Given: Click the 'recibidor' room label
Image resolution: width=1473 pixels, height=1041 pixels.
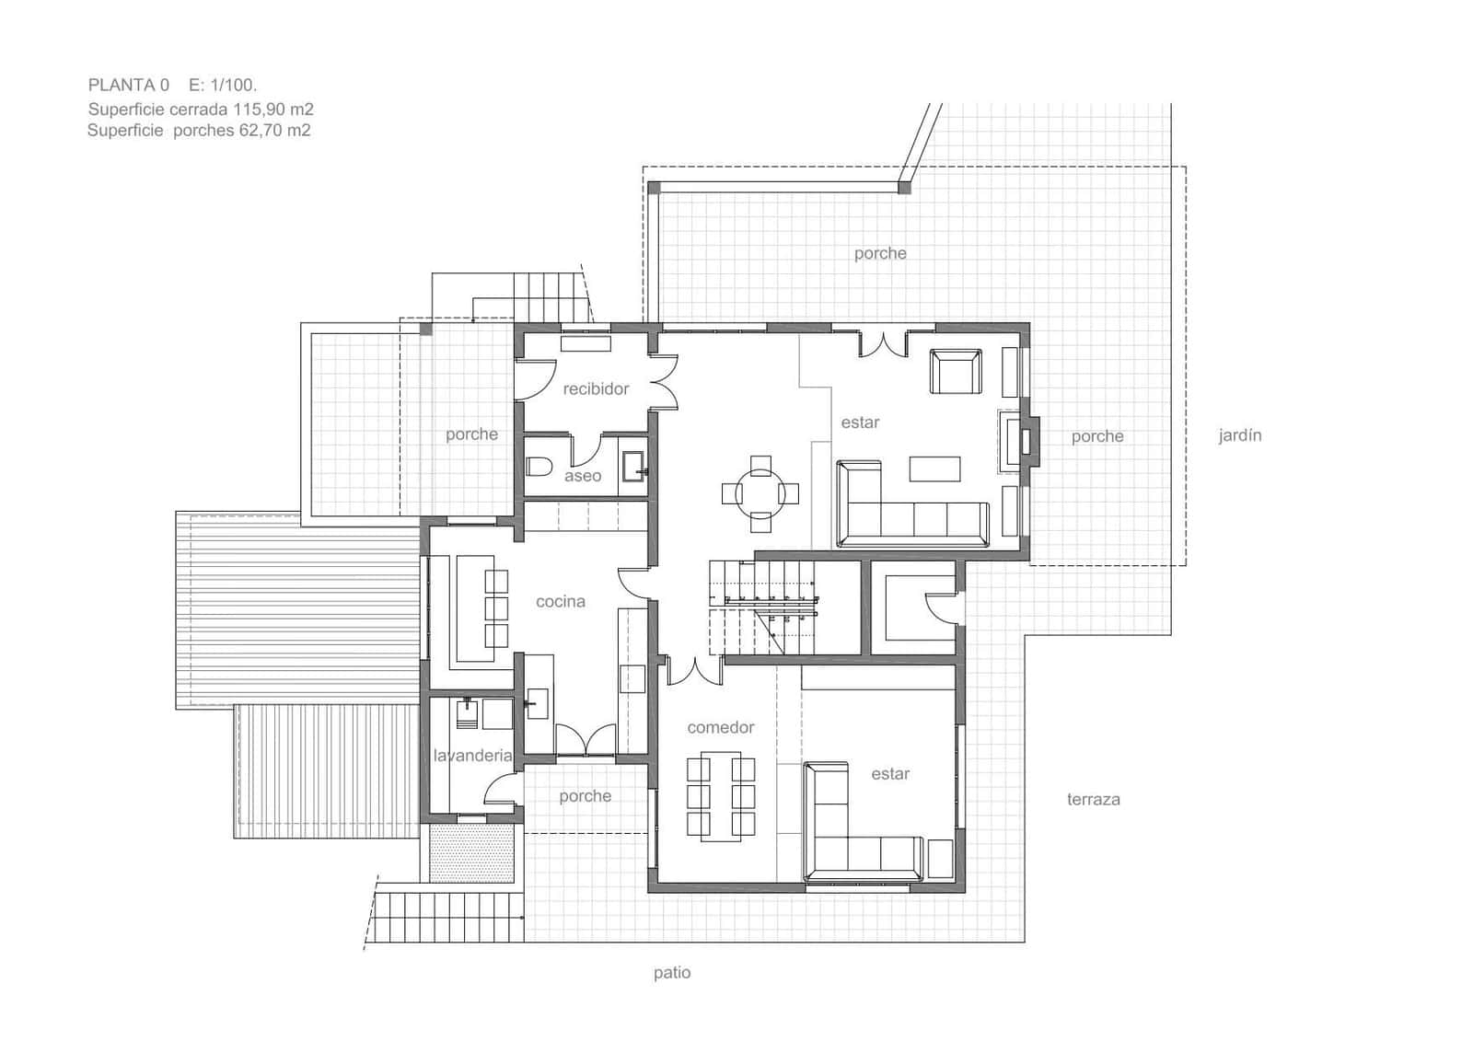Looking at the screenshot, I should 596,388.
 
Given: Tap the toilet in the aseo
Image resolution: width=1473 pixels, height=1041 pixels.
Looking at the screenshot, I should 538,466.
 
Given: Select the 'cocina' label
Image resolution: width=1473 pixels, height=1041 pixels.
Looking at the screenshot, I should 560,601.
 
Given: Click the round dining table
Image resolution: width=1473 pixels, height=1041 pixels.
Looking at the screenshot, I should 760,493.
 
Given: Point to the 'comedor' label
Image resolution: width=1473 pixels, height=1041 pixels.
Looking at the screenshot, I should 720,727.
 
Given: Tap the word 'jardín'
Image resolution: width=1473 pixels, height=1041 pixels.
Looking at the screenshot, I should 1239,435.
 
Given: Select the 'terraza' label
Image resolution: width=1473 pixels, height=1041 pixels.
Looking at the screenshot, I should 1093,799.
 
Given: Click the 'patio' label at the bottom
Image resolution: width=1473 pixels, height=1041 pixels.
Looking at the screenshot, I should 671,972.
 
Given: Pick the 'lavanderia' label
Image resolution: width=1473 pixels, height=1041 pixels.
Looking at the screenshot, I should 472,756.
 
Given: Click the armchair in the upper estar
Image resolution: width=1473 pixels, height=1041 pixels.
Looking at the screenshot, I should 956,372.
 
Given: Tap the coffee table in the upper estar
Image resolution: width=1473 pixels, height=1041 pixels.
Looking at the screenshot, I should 934,468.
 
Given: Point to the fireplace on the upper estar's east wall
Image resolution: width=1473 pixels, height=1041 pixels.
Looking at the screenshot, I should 1024,441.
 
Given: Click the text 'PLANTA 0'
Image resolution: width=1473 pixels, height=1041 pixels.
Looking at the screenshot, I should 128,85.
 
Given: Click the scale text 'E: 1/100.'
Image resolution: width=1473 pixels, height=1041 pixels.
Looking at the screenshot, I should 223,85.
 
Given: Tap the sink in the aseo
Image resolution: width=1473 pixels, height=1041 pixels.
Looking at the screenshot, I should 634,466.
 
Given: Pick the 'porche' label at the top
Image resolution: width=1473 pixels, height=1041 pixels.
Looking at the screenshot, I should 879,253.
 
